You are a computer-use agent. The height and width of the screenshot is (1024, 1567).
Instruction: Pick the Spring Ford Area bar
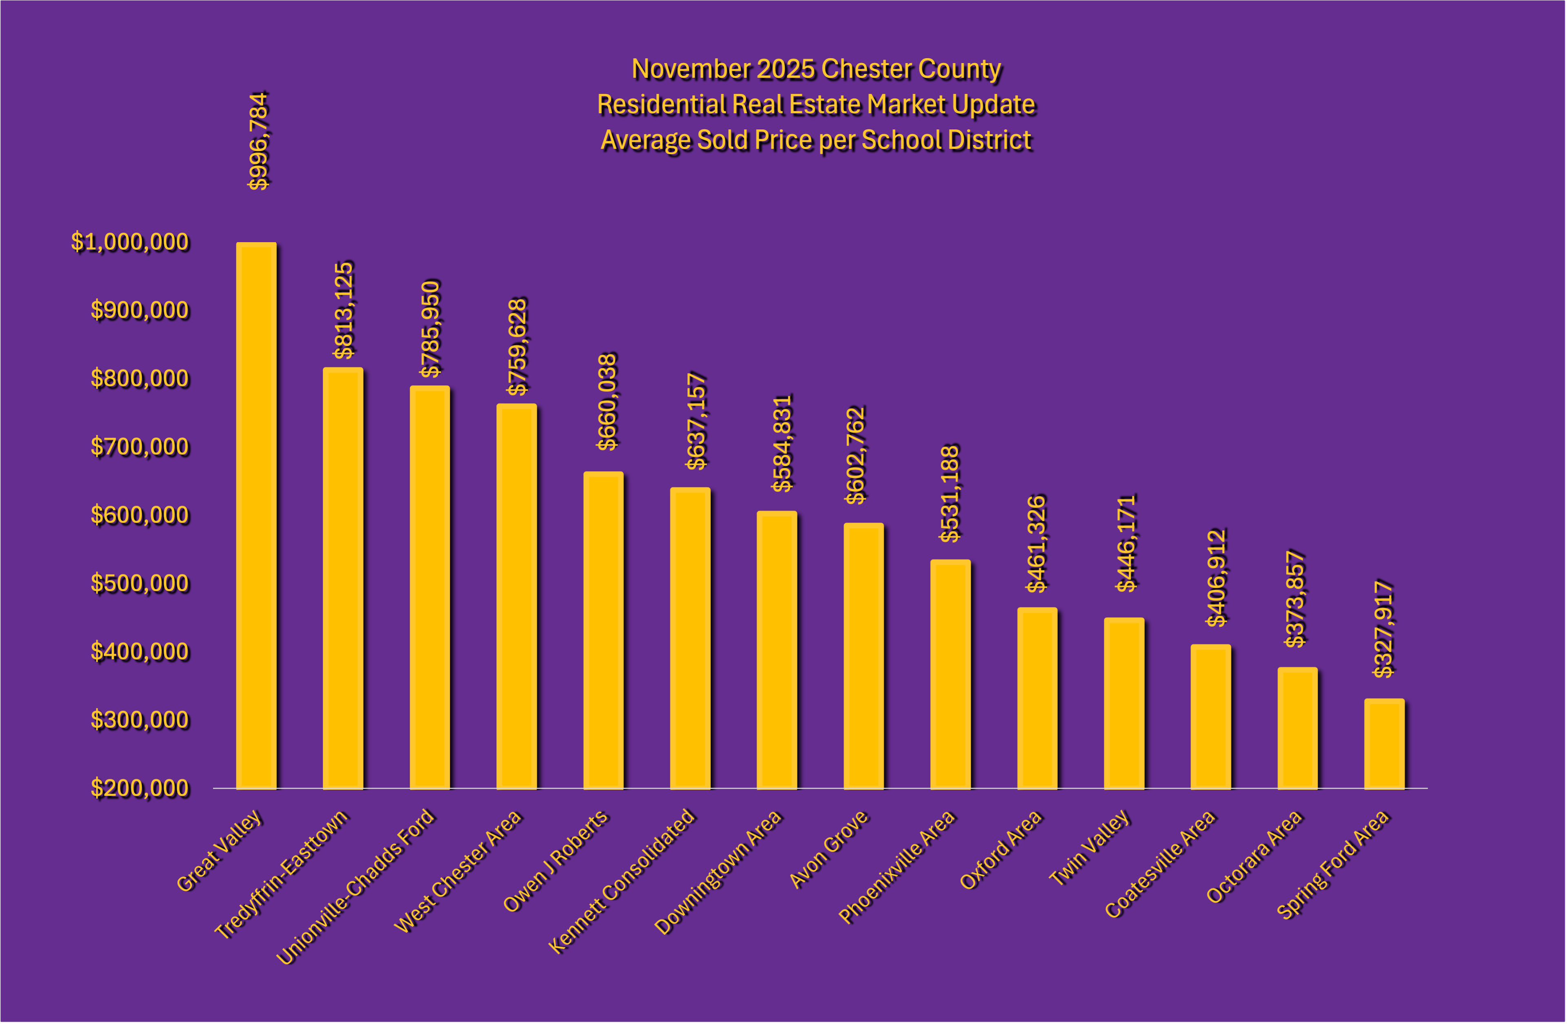pyautogui.click(x=1384, y=744)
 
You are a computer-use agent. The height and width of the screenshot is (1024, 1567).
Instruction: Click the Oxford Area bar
pyautogui.click(x=1037, y=698)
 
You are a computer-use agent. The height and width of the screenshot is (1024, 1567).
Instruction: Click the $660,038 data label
pyautogui.click(x=606, y=401)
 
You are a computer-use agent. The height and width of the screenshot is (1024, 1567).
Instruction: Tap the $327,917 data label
pyautogui.click(x=1383, y=628)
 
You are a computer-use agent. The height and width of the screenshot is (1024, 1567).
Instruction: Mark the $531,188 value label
pyautogui.click(x=950, y=493)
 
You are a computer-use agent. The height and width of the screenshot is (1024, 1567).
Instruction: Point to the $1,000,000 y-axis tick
pyautogui.click(x=130, y=242)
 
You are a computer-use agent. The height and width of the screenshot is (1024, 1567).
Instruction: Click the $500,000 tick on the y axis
pyautogui.click(x=140, y=583)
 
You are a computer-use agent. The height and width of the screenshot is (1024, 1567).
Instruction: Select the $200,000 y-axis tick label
pyautogui.click(x=140, y=788)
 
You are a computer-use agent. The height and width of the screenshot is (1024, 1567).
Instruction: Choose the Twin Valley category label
pyautogui.click(x=1090, y=848)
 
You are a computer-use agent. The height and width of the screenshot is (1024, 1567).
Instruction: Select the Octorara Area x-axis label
pyautogui.click(x=1254, y=856)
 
